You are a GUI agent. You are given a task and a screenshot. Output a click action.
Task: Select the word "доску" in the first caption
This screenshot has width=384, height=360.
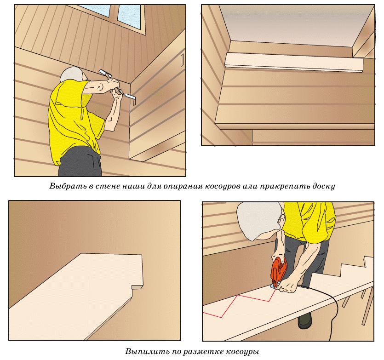point(323,186)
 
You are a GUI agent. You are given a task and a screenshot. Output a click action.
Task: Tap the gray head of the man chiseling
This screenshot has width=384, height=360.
point(71,74)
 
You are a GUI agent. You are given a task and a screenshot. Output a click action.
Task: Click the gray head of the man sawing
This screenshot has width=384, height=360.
point(259,220)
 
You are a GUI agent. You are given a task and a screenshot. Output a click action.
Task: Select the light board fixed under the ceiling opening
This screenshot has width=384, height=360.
point(293,63)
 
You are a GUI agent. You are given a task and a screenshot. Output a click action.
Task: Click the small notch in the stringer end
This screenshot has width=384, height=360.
point(137,286)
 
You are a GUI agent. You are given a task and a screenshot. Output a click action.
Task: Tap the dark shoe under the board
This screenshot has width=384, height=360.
point(305,321)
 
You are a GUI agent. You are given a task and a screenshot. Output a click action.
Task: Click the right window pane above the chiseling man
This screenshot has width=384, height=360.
point(129,17)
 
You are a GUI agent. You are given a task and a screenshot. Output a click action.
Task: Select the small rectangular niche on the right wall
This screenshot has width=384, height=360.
point(182,61)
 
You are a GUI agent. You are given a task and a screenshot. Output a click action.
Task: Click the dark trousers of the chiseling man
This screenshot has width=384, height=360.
point(80,162)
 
